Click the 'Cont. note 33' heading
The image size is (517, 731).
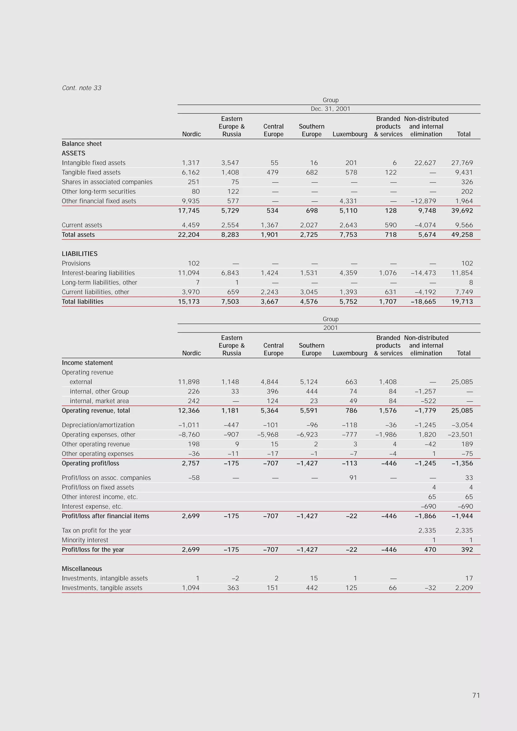(x=82, y=88)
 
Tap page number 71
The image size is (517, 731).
(x=476, y=695)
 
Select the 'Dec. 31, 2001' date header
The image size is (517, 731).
(x=330, y=109)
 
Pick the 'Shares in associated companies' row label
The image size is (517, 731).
(x=107, y=182)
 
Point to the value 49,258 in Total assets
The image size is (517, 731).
(x=462, y=235)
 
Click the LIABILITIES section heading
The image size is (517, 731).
(x=80, y=254)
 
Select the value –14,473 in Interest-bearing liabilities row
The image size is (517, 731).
(x=423, y=273)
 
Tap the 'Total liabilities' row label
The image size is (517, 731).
(x=83, y=301)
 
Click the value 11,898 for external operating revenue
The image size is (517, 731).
(x=189, y=382)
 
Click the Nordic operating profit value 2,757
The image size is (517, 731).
(x=191, y=463)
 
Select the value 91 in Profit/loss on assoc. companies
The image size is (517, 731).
(x=353, y=477)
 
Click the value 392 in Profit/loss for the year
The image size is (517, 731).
(x=467, y=549)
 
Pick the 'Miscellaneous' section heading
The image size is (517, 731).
(x=82, y=569)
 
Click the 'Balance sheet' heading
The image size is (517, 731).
(x=82, y=144)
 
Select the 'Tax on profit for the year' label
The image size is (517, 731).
(x=96, y=531)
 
